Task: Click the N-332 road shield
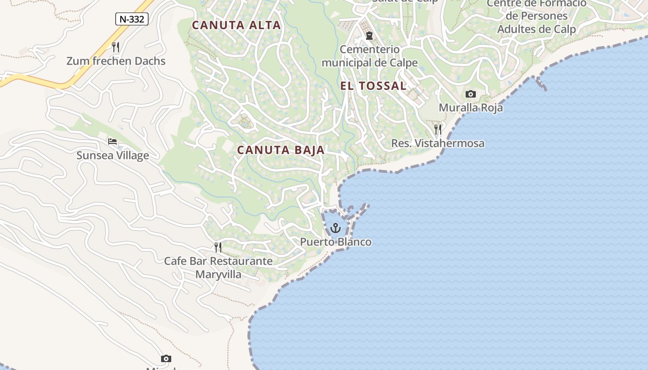pyautogui.click(x=132, y=19)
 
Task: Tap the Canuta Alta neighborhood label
pyautogui.click(x=237, y=25)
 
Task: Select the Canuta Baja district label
pyautogui.click(x=281, y=150)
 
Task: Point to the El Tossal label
pyautogui.click(x=374, y=86)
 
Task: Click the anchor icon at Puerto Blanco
pyautogui.click(x=336, y=228)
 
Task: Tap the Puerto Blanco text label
pyautogui.click(x=336, y=242)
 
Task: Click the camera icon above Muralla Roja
pyautogui.click(x=471, y=94)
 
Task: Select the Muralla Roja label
pyautogui.click(x=471, y=108)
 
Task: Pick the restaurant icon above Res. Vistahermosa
pyautogui.click(x=438, y=129)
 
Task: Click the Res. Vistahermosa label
pyautogui.click(x=438, y=143)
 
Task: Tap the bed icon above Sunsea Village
pyautogui.click(x=112, y=142)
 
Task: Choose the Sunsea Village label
pyautogui.click(x=112, y=155)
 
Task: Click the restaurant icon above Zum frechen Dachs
pyautogui.click(x=116, y=47)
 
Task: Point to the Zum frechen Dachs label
pyautogui.click(x=116, y=61)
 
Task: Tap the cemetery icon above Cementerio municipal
pyautogui.click(x=369, y=36)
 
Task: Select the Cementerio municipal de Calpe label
pyautogui.click(x=369, y=56)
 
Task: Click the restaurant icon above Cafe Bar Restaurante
pyautogui.click(x=218, y=247)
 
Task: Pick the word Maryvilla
pyautogui.click(x=218, y=274)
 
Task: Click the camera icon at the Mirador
pyautogui.click(x=166, y=359)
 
